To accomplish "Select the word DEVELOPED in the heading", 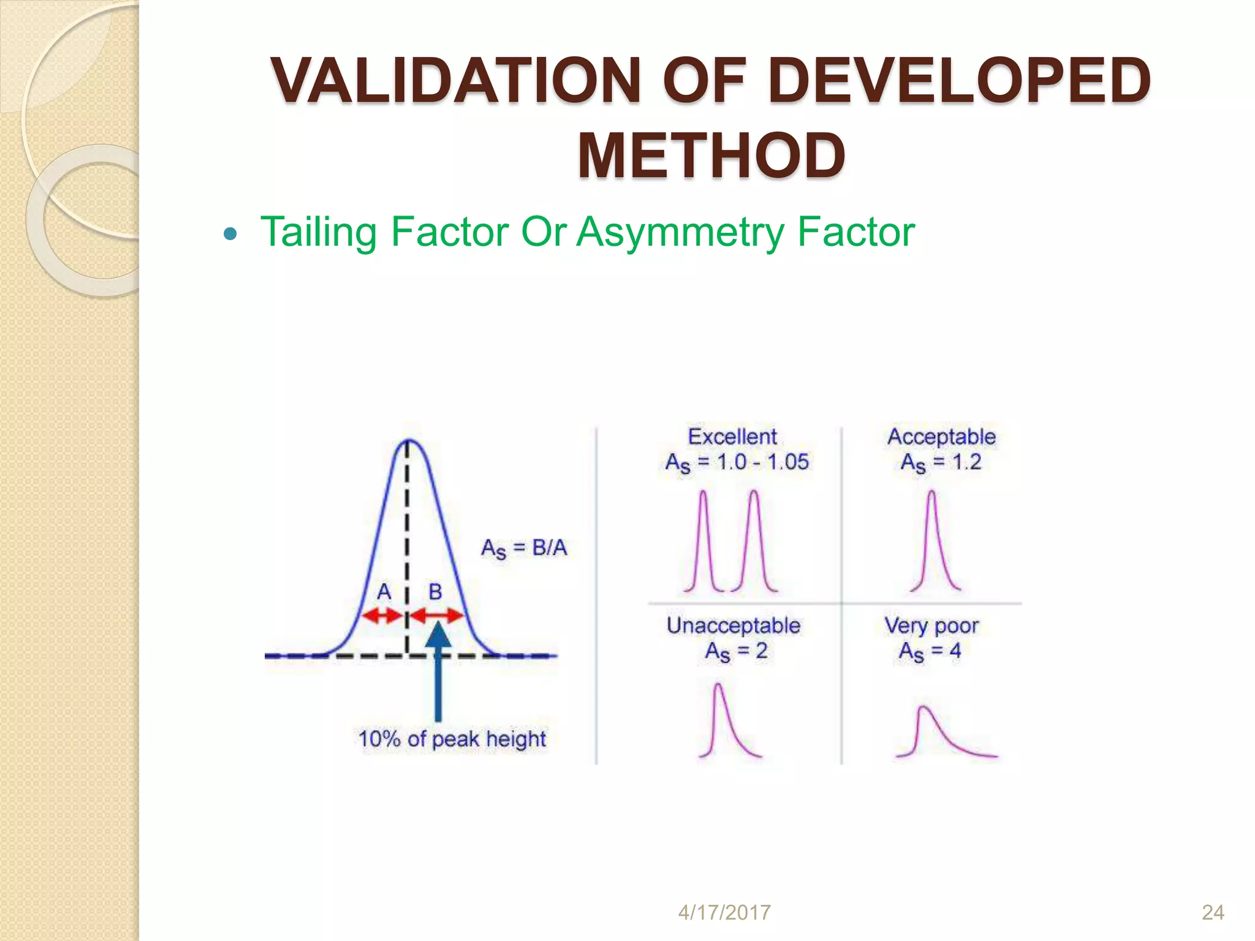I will point(959,81).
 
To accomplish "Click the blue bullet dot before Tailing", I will point(230,234).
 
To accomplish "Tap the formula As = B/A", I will point(524,548).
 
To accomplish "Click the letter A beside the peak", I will point(384,592).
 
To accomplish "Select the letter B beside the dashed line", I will point(435,592).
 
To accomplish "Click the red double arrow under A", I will point(381,616).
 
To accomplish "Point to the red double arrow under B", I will point(436,615).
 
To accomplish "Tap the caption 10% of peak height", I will point(452,739).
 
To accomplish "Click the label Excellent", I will point(732,437).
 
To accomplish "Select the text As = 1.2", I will point(941,463).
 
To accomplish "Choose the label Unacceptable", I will point(734,625).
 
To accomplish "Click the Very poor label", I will point(931,625).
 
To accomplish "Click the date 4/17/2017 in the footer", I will point(724,912).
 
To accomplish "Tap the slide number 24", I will point(1213,912).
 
